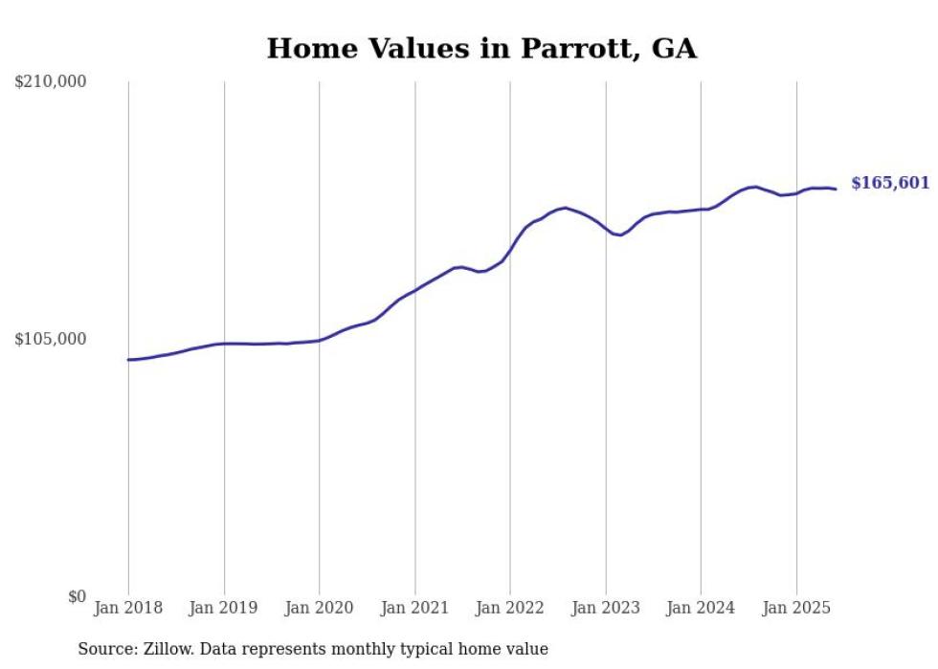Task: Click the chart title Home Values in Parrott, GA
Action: click(481, 48)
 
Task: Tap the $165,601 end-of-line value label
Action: click(889, 183)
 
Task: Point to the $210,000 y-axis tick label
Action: click(51, 82)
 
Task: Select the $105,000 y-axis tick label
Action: click(51, 339)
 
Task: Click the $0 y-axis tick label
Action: click(77, 596)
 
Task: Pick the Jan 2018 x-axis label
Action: click(128, 608)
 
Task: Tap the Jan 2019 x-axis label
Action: click(224, 608)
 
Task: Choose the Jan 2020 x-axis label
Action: click(319, 608)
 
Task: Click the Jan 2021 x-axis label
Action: click(414, 608)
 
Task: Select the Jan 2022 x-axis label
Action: click(510, 608)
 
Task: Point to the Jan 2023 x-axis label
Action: click(605, 608)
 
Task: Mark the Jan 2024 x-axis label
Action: click(701, 608)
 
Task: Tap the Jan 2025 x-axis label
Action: click(796, 608)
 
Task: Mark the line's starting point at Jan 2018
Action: click(128, 360)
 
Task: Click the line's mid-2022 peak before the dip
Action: click(566, 208)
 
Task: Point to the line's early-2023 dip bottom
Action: click(620, 234)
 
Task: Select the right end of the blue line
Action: click(836, 189)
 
